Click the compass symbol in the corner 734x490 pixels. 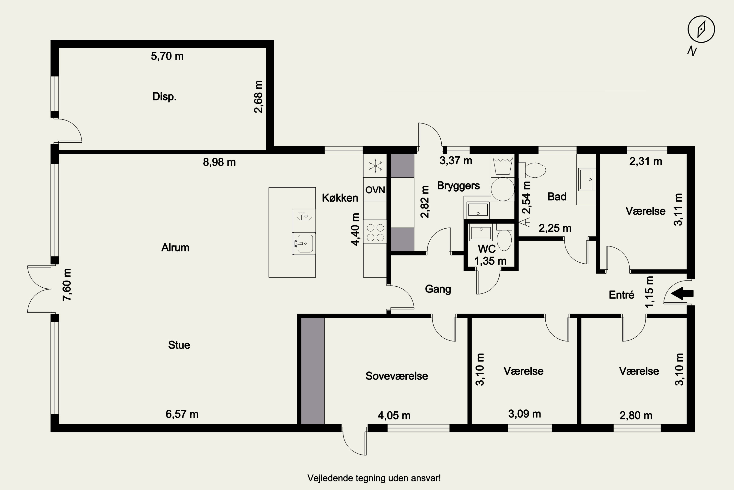701,29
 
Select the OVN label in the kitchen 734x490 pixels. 375,190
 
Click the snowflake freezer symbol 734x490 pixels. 375,166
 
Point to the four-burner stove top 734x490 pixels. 375,232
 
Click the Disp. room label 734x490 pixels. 164,97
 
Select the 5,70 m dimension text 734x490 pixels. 167,56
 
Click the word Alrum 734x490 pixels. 175,247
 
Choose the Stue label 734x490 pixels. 179,345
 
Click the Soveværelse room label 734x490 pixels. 397,376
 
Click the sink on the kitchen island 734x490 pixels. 304,244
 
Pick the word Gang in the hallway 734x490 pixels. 438,289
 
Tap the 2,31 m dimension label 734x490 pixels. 645,161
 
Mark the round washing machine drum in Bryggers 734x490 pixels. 503,189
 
